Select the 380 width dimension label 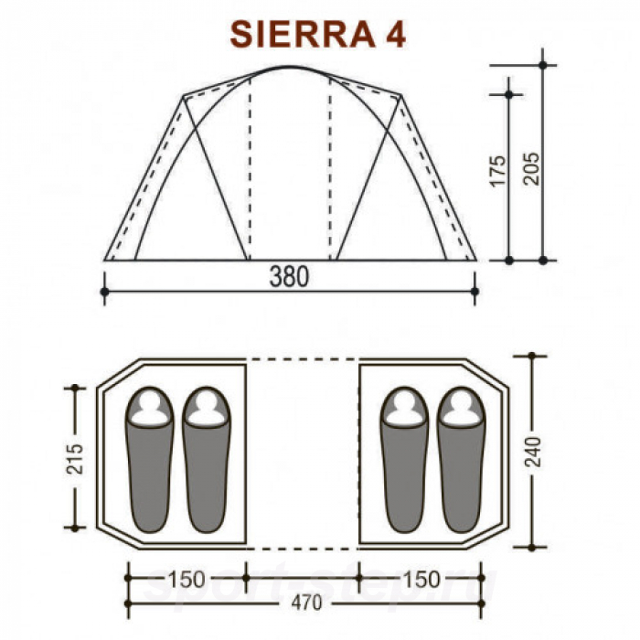289,276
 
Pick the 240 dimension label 536,452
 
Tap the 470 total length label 290,606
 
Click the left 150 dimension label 187,580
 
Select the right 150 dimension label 421,580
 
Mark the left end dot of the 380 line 104,292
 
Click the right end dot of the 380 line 475,292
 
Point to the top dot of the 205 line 543,65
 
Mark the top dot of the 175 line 509,93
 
